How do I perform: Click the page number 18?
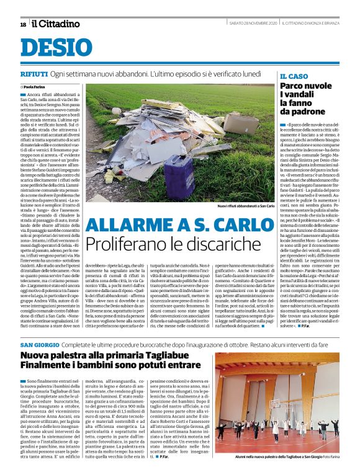(x=23, y=24)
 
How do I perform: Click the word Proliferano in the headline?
(x=124, y=244)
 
